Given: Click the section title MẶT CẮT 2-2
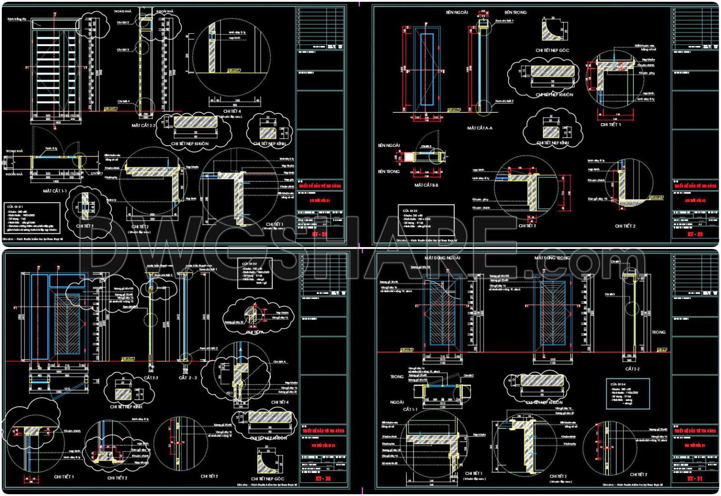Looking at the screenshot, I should pyautogui.click(x=143, y=125).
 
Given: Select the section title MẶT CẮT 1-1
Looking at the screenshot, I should pyautogui.click(x=55, y=191).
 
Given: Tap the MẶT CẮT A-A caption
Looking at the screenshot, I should pyautogui.click(x=480, y=128).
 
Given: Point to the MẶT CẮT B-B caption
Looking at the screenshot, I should pyautogui.click(x=426, y=185).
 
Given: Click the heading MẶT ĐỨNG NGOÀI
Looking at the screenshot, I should pyautogui.click(x=442, y=258).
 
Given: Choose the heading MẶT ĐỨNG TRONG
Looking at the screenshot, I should pyautogui.click(x=552, y=258).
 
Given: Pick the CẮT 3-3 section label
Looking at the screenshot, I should pyautogui.click(x=151, y=378).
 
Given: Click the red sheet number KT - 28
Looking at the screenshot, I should pyautogui.click(x=320, y=233).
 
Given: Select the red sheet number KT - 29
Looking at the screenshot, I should pyautogui.click(x=695, y=233).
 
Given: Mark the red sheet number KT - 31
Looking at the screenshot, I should pyautogui.click(x=695, y=479).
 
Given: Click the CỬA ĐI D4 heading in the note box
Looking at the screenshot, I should pyautogui.click(x=618, y=384).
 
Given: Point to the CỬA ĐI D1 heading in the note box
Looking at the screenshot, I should pyautogui.click(x=15, y=206).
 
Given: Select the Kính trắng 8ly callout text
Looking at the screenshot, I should pyautogui.click(x=17, y=20).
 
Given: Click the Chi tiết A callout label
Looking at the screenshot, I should pyautogui.click(x=280, y=362).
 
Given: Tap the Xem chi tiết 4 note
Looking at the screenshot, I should pyautogui.click(x=163, y=275).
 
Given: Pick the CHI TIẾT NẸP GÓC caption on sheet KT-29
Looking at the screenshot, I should pyautogui.click(x=552, y=50).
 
